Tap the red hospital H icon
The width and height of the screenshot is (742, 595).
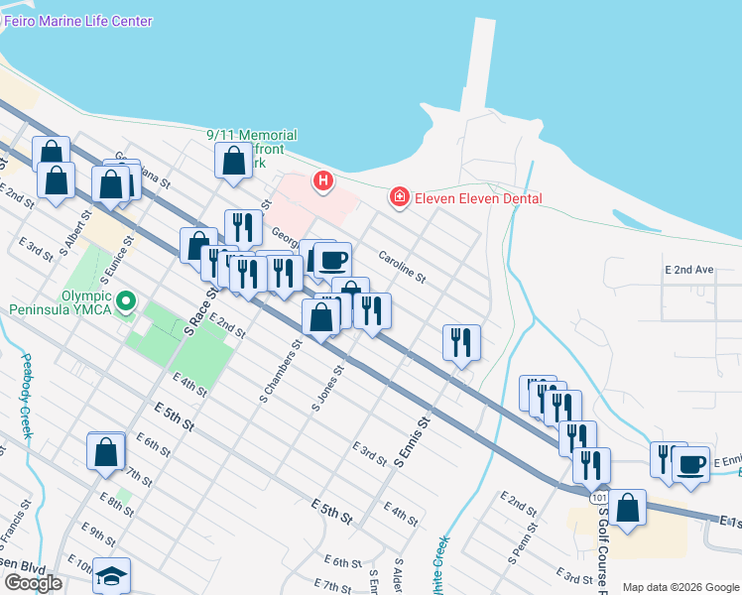(322, 180)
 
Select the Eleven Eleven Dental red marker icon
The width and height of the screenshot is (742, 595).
(399, 198)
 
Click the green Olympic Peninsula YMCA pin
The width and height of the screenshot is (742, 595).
(126, 299)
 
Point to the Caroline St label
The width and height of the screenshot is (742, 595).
(401, 265)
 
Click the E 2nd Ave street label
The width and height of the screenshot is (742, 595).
(689, 270)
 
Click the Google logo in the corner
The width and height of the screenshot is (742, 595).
(33, 583)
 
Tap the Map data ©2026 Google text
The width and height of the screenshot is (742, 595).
(680, 587)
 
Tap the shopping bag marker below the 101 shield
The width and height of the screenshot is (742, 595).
(627, 509)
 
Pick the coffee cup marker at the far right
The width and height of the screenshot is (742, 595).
(691, 463)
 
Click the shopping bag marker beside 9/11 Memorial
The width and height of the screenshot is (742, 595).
(233, 160)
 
